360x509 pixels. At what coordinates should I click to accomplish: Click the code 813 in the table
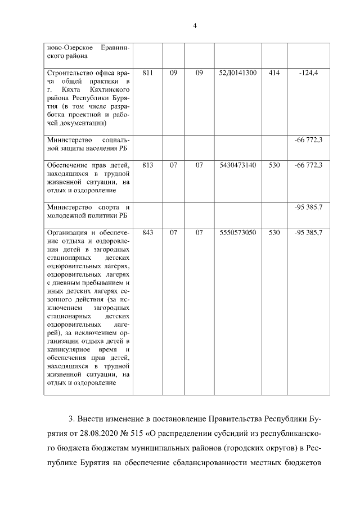click(x=148, y=165)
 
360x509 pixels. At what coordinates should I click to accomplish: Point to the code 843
click(x=148, y=232)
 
